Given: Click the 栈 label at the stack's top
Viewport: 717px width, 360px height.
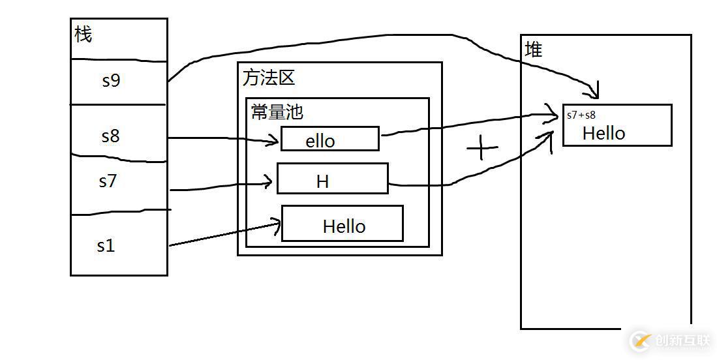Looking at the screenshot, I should pos(84,34).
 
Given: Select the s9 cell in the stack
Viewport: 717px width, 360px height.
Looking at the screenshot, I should pos(112,81).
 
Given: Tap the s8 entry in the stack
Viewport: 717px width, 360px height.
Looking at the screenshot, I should pos(110,136).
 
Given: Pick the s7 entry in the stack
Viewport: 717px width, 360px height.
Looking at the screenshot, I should pos(108,181).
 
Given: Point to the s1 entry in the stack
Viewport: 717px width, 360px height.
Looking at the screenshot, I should pos(106,246).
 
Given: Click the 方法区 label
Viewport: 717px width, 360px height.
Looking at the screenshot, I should pos(268,78).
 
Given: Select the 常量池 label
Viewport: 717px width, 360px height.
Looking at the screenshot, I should pos(277,112).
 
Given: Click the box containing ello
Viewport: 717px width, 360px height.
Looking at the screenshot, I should pos(329,139).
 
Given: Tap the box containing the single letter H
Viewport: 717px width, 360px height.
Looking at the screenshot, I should pos(332,179).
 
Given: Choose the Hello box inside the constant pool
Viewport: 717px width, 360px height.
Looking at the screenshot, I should pos(343,224).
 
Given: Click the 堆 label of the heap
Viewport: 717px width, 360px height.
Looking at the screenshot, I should pos(533,49).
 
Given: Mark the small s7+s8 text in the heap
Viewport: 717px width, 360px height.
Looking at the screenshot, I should pos(581,115).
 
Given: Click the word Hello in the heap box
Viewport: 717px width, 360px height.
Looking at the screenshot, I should pos(603,133).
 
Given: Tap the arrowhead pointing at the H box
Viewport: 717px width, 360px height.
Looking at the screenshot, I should pos(268,182).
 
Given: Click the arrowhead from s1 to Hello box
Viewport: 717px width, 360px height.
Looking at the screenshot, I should pos(277,226).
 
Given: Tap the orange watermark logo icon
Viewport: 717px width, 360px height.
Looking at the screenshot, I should pos(640,340).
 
